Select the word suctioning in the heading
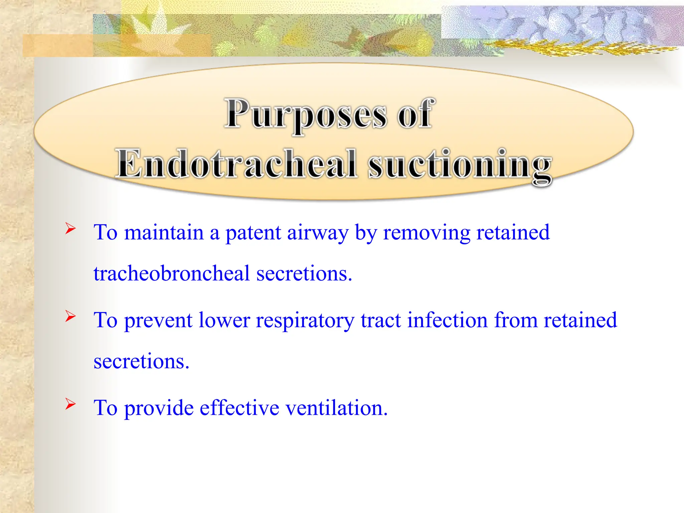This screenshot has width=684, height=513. click(x=460, y=165)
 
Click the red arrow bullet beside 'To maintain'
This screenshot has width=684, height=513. click(x=70, y=229)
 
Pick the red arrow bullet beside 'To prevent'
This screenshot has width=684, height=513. click(x=70, y=316)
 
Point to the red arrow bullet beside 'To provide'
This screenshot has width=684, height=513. click(x=70, y=404)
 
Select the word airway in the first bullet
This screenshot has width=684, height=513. click(x=317, y=233)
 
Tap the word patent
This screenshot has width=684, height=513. click(x=253, y=233)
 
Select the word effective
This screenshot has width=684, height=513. click(x=239, y=408)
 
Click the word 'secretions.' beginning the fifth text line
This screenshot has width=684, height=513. click(x=141, y=362)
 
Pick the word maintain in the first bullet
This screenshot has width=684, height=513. click(x=164, y=233)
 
